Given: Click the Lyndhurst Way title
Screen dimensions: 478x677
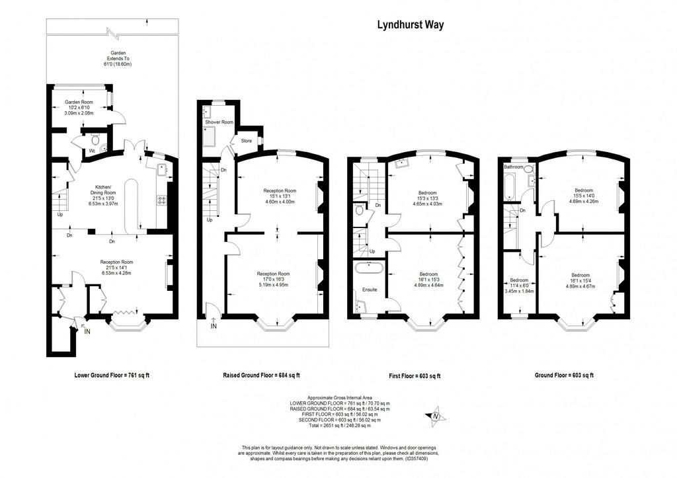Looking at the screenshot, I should (x=410, y=25).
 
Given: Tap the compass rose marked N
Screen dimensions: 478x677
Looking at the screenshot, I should (x=435, y=416).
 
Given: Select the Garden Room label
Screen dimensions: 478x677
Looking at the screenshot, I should (x=78, y=102).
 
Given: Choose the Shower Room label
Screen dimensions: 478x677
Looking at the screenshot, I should (x=219, y=122).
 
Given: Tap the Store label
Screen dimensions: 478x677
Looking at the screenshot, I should (x=246, y=141).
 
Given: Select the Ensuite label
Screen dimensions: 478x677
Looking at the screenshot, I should (x=370, y=290).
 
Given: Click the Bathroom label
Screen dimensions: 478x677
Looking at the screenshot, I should (x=514, y=167).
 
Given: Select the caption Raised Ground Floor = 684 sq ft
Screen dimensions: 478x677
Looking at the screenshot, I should (x=261, y=376).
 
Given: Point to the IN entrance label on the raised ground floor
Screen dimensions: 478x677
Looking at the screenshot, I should (x=213, y=326).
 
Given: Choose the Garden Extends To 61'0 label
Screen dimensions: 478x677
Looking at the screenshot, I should (x=118, y=58).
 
